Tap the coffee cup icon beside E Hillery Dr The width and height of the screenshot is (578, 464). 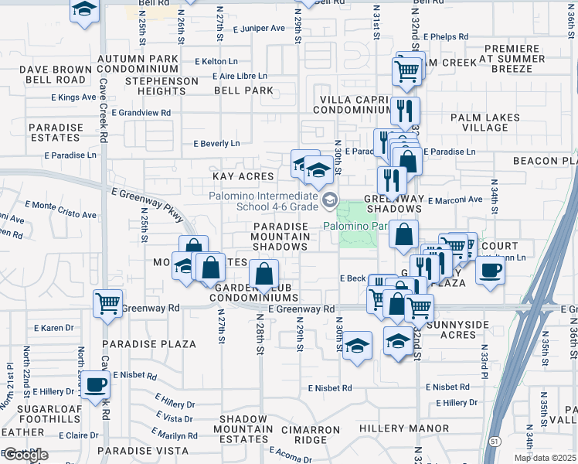pyautogui.click(x=95, y=385)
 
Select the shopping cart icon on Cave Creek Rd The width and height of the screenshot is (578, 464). pyautogui.click(x=107, y=302)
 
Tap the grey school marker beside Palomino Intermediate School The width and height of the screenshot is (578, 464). pyautogui.click(x=330, y=201)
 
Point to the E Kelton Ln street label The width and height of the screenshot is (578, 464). pyautogui.click(x=216, y=61)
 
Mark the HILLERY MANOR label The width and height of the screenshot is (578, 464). pyautogui.click(x=410, y=428)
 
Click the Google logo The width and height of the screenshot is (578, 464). pyautogui.click(x=25, y=455)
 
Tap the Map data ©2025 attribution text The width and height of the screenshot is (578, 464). pyautogui.click(x=545, y=458)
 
